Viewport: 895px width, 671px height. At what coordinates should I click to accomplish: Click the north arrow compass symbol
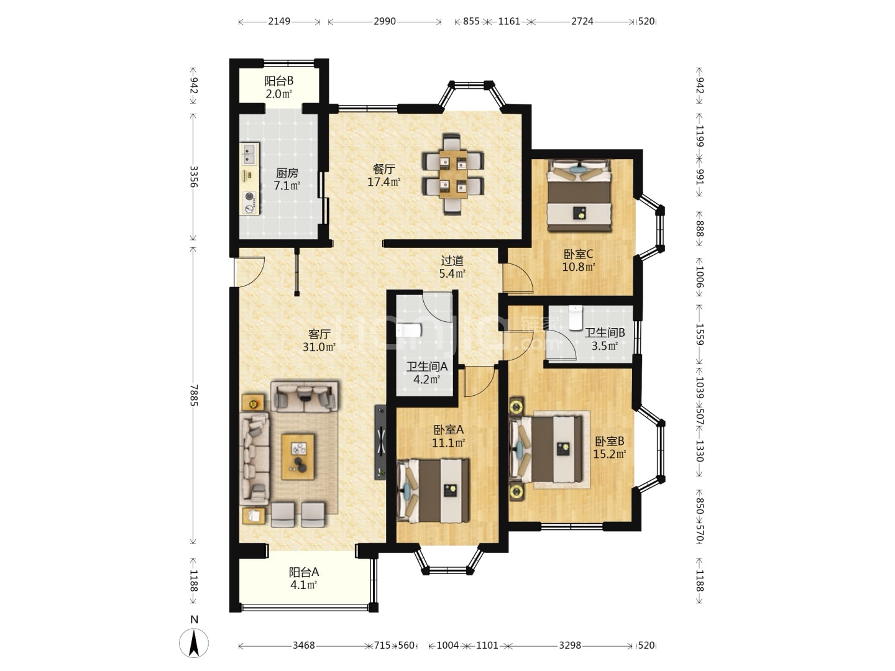pos(194,642)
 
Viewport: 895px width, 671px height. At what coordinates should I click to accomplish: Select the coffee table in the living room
pos(298,457)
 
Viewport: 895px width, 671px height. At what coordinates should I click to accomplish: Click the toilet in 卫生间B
pos(576,317)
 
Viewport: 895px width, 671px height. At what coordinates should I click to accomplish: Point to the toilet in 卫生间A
pos(408,331)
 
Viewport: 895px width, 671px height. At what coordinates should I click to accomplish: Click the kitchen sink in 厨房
pos(249,153)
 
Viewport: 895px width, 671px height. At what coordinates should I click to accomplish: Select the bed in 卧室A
pos(433,491)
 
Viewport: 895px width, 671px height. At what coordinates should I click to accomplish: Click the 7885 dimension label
pos(193,395)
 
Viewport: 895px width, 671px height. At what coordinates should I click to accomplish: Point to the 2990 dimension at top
pos(385,21)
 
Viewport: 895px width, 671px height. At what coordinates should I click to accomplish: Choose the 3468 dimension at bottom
pos(304,646)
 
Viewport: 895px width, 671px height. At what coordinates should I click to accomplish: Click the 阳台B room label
pos(279,81)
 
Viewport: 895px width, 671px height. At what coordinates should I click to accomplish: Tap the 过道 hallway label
pos(452,260)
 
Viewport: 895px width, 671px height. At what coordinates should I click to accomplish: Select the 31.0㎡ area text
pos(319,347)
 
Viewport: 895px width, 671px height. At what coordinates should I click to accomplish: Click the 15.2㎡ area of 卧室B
pos(609,454)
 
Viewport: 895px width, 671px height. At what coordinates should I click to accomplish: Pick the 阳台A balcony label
pos(304,572)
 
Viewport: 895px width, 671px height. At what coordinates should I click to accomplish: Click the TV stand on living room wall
pos(380,442)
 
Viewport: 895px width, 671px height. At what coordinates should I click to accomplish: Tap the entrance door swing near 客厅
pos(249,272)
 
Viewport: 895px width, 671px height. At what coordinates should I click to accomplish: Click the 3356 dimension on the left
pos(193,176)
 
